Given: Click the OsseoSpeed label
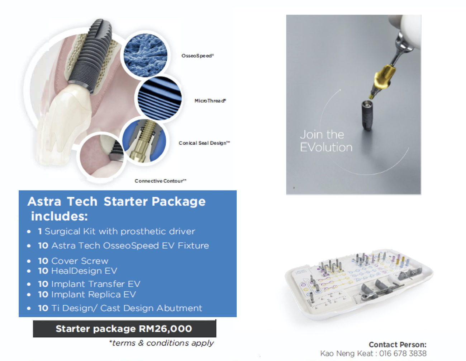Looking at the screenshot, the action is click(198, 56).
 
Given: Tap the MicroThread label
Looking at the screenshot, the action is click(210, 101).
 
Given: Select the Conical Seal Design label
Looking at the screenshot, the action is click(204, 143).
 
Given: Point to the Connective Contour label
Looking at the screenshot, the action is click(160, 181).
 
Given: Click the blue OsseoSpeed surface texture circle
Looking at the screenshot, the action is click(146, 55).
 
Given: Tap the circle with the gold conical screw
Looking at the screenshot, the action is click(144, 141).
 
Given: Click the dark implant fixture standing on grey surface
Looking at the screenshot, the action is click(368, 115).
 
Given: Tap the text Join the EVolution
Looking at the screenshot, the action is click(326, 141).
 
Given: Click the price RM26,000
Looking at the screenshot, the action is click(165, 329).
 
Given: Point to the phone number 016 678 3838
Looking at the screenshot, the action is click(403, 353).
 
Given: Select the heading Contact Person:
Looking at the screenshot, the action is click(398, 344).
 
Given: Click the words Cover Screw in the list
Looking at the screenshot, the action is click(80, 261).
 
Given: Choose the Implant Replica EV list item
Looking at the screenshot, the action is click(82, 295).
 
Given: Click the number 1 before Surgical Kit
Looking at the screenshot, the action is click(40, 231).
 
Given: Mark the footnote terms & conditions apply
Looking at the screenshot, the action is click(161, 343).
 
